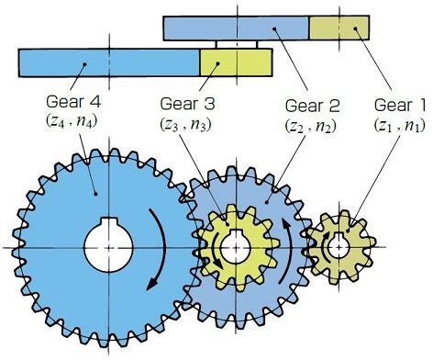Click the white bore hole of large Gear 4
point(109,246)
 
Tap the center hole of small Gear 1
point(336,245)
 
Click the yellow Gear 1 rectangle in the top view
point(339,28)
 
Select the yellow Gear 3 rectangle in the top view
point(236,62)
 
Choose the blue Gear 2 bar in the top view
point(236,28)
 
